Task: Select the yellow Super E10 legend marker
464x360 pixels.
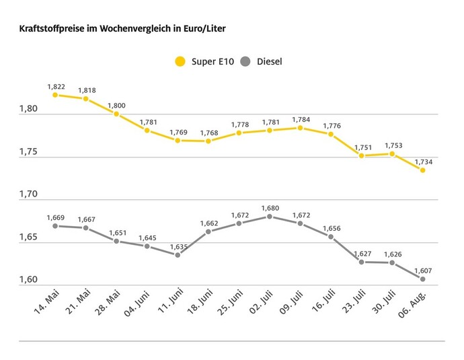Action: [180, 62]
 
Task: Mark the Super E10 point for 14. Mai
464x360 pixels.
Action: [55, 95]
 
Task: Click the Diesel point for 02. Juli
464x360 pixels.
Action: [270, 216]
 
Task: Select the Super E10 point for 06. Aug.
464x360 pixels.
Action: [423, 170]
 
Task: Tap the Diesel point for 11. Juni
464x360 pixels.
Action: [178, 255]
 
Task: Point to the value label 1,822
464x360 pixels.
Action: [55, 87]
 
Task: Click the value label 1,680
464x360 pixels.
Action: [270, 208]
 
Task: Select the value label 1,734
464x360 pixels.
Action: [423, 161]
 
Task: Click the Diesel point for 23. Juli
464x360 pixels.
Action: [362, 262]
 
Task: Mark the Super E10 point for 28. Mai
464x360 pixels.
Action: [116, 114]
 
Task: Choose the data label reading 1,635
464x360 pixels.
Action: [178, 246]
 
